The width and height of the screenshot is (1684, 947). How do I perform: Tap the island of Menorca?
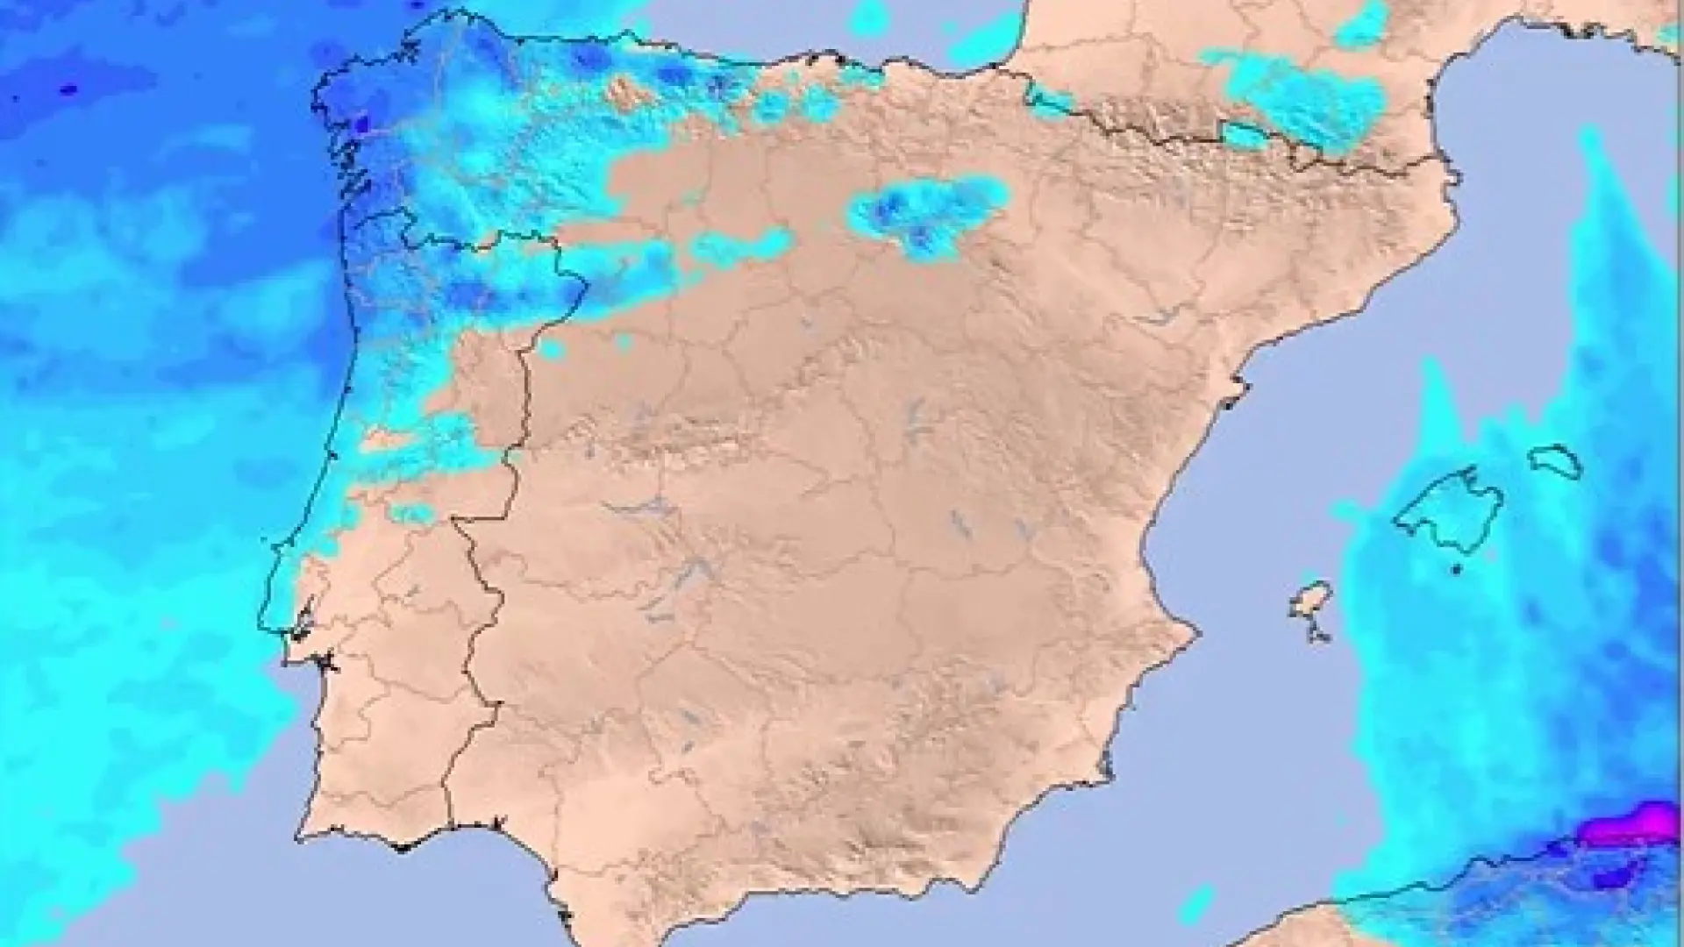pos(1555,460)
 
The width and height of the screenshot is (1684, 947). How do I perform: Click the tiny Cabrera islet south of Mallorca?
pos(1456,570)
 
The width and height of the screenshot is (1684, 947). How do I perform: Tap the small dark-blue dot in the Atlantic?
pos(68,89)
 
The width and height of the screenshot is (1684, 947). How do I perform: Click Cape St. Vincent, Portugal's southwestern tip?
pos(298,838)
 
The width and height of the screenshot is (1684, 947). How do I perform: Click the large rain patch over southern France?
pos(1307,101)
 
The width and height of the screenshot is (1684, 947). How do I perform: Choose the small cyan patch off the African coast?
pos(1197,903)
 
